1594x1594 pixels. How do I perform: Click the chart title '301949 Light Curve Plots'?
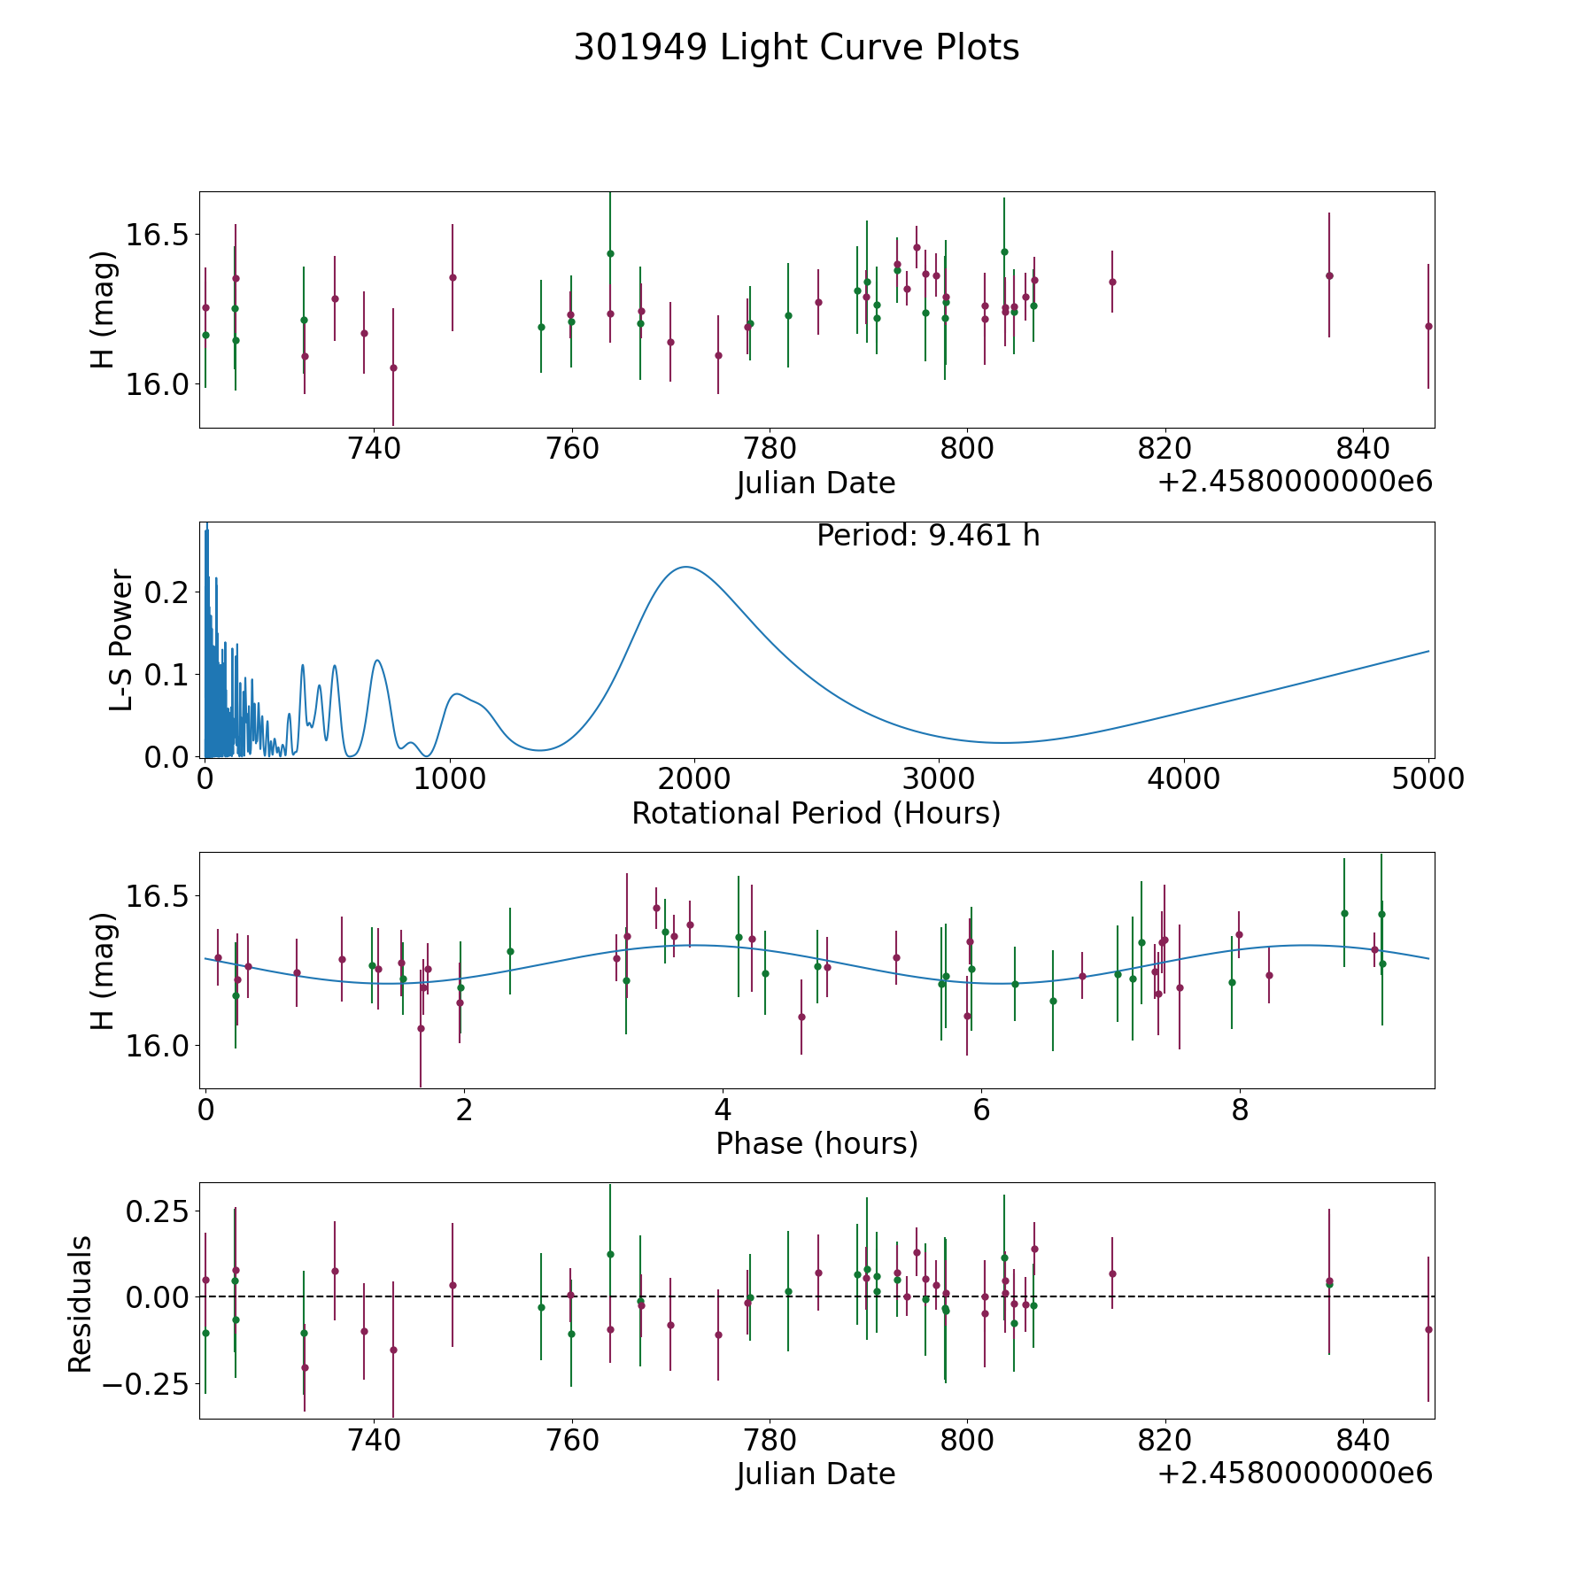(x=796, y=48)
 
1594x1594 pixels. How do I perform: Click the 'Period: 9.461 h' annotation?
(x=928, y=536)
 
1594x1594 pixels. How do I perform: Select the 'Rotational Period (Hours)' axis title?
(x=816, y=813)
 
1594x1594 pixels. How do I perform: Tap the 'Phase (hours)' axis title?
(x=816, y=1143)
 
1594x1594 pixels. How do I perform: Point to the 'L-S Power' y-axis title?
(x=121, y=639)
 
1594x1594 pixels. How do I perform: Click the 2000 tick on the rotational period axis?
(x=694, y=779)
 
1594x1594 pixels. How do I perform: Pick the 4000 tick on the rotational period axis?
(x=1183, y=779)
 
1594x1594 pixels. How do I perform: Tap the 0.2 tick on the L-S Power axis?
(x=167, y=592)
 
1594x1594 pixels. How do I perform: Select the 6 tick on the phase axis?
(x=981, y=1110)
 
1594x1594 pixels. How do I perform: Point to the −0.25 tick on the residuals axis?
(x=146, y=1384)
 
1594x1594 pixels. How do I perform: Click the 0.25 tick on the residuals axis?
(x=156, y=1211)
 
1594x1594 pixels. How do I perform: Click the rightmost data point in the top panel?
(x=1428, y=326)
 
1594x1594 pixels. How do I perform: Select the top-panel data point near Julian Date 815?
(x=1112, y=282)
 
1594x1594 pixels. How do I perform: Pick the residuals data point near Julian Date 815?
(x=1112, y=1273)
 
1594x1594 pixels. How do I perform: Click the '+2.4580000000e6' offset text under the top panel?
(x=1295, y=482)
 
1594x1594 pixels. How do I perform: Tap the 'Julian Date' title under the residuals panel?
(x=816, y=1474)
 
